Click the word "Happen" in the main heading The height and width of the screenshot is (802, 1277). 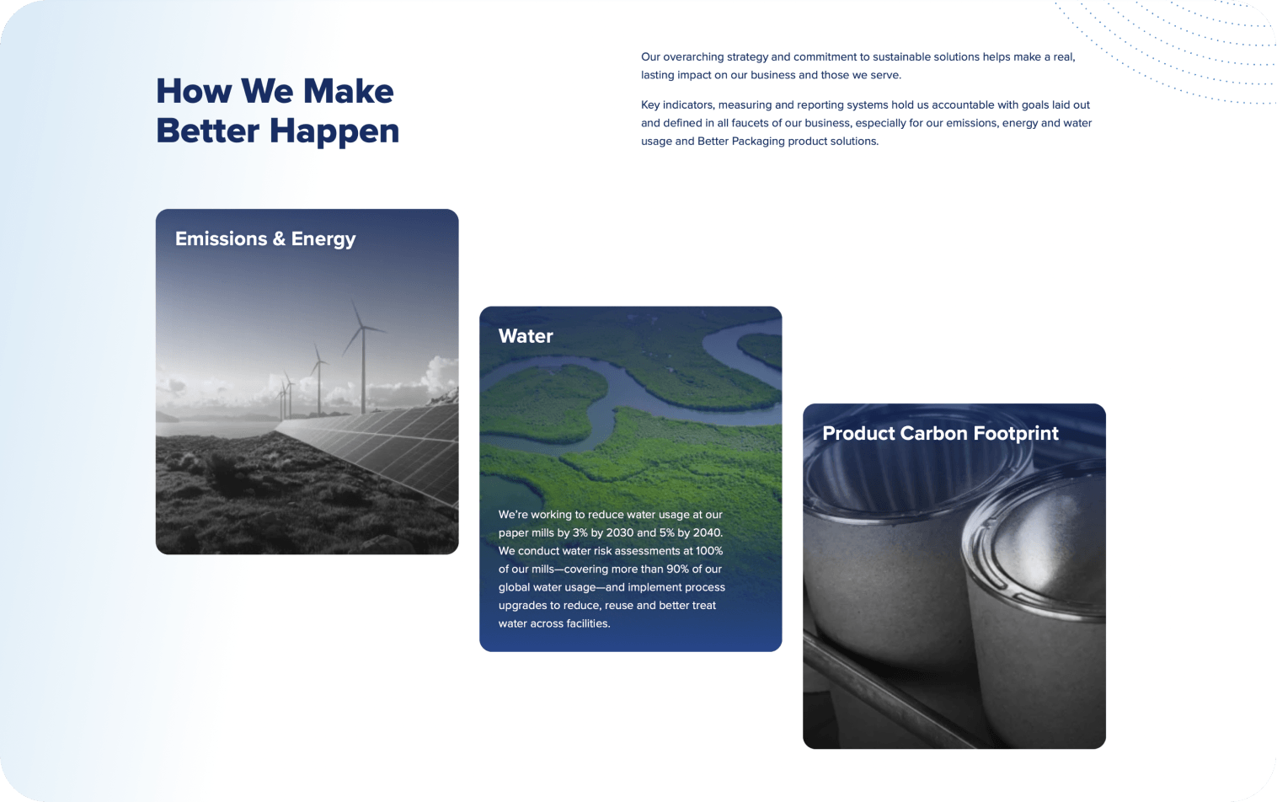(x=334, y=131)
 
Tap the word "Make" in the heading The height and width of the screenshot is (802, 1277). (x=349, y=91)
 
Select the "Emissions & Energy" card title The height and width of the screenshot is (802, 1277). (x=265, y=239)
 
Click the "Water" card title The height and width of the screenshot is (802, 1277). (x=526, y=336)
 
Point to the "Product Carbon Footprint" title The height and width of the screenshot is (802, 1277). (x=940, y=433)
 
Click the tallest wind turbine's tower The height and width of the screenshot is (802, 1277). (x=363, y=371)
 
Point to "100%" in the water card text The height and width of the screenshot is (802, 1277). (x=708, y=551)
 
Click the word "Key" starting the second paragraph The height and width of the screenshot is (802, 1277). (x=649, y=104)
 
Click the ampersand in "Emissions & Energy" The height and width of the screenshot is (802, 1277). (x=279, y=239)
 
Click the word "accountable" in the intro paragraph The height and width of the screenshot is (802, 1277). (x=959, y=104)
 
